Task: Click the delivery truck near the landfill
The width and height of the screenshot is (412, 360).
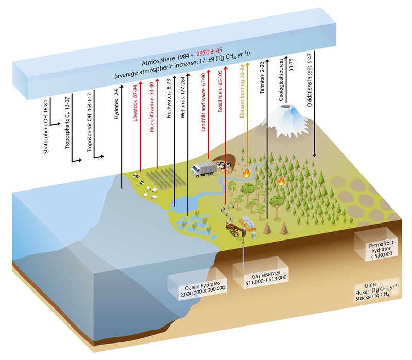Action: point(202,168)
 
